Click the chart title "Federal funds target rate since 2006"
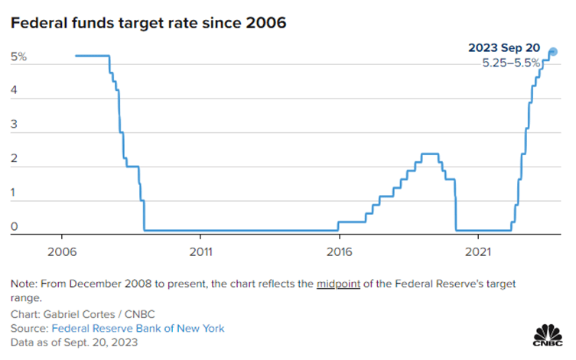pos(148,24)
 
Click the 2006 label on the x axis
pos(61,249)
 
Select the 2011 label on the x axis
pos(200,249)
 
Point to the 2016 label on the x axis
pos(340,249)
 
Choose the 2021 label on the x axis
pos(479,249)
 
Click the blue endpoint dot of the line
pos(553,52)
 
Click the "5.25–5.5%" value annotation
pos(511,63)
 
